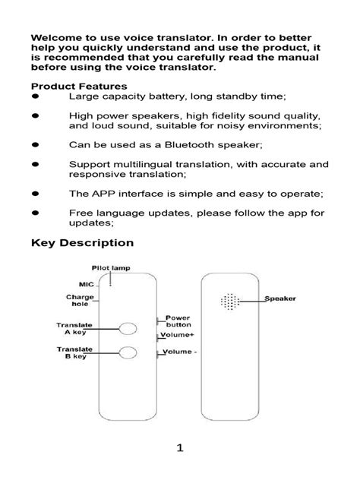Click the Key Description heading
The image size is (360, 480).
pyautogui.click(x=82, y=243)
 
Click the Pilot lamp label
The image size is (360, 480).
pyautogui.click(x=111, y=269)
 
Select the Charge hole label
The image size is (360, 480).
pyautogui.click(x=79, y=301)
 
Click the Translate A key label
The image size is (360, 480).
pyautogui.click(x=74, y=328)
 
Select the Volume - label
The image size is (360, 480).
pyautogui.click(x=181, y=352)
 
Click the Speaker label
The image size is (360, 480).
pyautogui.click(x=280, y=298)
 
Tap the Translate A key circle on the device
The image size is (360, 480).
pyautogui.click(x=128, y=329)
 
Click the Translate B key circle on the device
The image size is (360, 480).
pyautogui.click(x=128, y=352)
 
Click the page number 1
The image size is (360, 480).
pyautogui.click(x=180, y=449)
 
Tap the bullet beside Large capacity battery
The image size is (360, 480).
pyautogui.click(x=35, y=96)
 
